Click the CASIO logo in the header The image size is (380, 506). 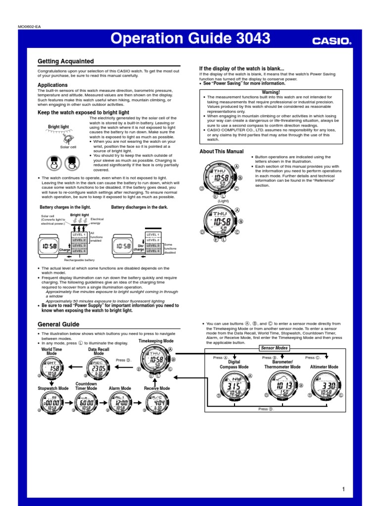[331, 42]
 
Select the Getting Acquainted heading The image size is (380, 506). [66, 61]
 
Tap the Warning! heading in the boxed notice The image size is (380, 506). [271, 92]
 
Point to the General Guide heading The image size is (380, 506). [58, 324]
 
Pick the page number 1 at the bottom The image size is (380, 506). [342, 489]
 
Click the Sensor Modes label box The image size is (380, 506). [274, 348]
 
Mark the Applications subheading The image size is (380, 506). [53, 85]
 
